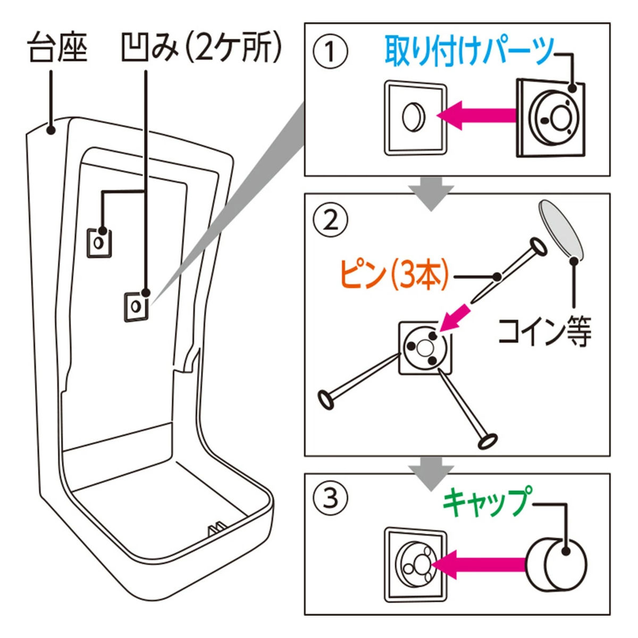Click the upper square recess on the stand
pyautogui.click(x=99, y=242)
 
